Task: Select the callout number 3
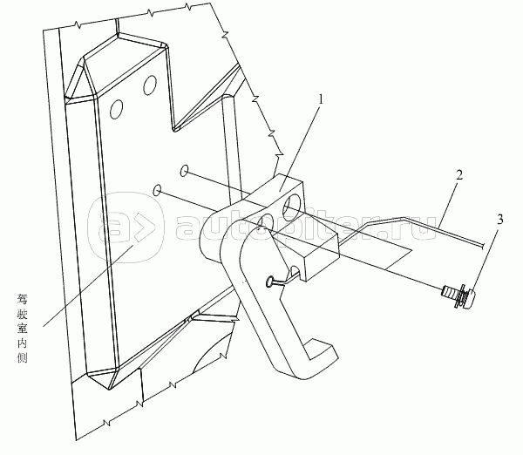(x=499, y=220)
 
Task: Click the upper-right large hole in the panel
(x=151, y=85)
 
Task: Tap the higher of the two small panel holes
(x=186, y=169)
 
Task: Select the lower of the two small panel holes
(x=156, y=189)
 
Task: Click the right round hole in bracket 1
(x=289, y=205)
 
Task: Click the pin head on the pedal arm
(x=272, y=282)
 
